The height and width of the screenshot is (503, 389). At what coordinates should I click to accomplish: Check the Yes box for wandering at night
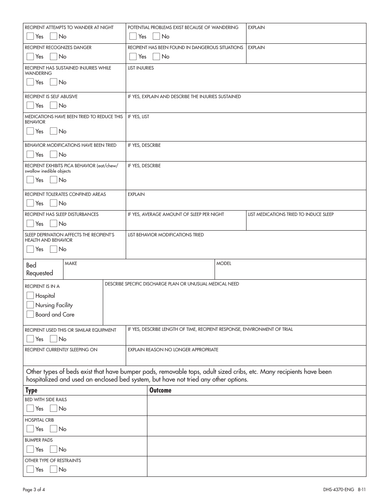pos(30,36)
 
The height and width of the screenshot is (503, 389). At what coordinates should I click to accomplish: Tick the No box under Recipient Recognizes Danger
pos(54,56)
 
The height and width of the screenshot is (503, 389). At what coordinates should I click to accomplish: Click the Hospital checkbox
pos(30,296)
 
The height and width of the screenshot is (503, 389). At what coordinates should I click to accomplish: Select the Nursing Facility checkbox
pos(30,305)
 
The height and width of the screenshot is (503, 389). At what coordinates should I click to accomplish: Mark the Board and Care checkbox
pos(30,314)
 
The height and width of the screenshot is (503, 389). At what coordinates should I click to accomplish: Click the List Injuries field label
pos(141,68)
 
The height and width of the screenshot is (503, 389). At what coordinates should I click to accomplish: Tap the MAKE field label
pos(71,263)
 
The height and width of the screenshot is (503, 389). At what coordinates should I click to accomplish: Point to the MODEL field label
pos(224,263)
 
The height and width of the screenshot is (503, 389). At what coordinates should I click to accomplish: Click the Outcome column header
pos(161,390)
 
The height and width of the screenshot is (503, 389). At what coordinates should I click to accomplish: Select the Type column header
pos(32,390)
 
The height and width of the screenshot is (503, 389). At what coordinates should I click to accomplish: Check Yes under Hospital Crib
pos(30,429)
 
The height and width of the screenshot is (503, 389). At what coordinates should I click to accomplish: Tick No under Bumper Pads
pos(54,449)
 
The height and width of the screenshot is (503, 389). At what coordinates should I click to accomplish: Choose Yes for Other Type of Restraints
pos(30,469)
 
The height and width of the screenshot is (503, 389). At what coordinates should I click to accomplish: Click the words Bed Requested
pos(40,269)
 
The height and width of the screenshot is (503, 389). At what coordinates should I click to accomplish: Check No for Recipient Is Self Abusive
pos(54,106)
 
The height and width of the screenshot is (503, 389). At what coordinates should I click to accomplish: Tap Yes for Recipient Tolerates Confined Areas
pos(30,203)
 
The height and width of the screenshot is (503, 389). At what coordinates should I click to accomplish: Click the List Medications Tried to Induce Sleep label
pos(291,214)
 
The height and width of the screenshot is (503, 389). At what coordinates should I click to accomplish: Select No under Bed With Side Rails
pos(54,409)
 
